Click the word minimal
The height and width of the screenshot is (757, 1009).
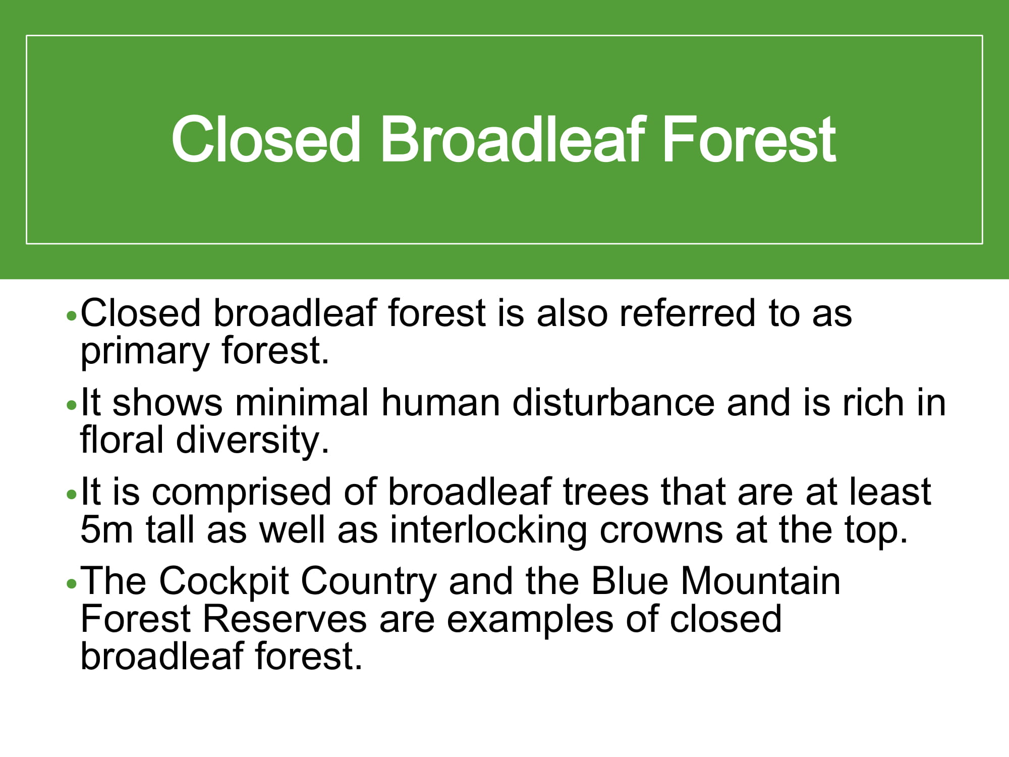[302, 402]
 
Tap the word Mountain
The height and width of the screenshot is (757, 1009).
[761, 581]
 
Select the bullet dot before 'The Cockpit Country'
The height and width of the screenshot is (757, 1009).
[72, 584]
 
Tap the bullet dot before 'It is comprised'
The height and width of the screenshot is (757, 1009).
[72, 495]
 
